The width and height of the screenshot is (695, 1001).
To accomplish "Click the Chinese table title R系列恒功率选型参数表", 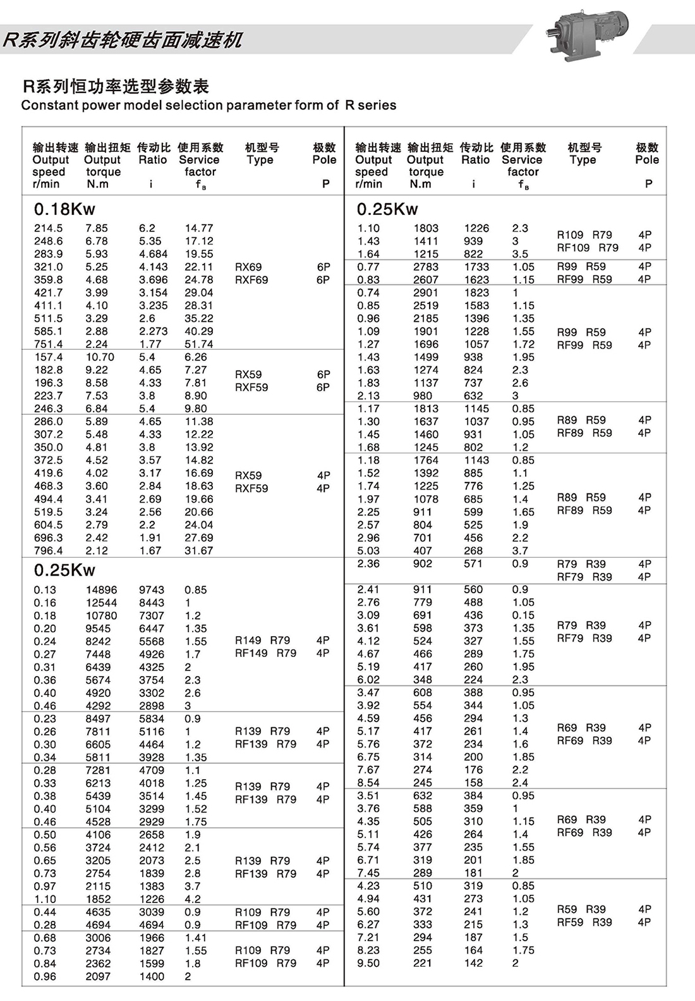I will point(116,87).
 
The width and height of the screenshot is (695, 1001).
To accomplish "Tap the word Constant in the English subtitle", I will point(46,106).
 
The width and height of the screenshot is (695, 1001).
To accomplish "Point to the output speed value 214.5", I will point(48,228).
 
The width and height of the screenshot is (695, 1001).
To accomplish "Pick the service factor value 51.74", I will point(199,345).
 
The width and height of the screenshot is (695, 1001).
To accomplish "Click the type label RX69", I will point(248,267).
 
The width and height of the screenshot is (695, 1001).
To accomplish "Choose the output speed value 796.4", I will point(48,551).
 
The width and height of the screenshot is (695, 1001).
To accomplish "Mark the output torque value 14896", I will point(101,590).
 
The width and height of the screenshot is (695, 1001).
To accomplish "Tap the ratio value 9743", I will point(152,590).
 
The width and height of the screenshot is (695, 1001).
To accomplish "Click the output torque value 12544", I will point(101,603).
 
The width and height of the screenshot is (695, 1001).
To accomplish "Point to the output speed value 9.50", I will point(368,964).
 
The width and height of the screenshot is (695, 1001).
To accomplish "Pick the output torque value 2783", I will point(426,267).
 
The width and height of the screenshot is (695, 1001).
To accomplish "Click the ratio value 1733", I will point(476,267).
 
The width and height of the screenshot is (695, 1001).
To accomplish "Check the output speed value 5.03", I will point(368,551).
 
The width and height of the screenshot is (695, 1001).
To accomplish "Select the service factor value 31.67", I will point(199,551).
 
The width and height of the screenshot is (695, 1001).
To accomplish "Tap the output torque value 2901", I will point(426,293).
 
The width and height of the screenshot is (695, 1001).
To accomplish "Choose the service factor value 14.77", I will point(199,228).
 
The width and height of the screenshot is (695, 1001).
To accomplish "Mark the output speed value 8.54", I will point(368,783).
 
